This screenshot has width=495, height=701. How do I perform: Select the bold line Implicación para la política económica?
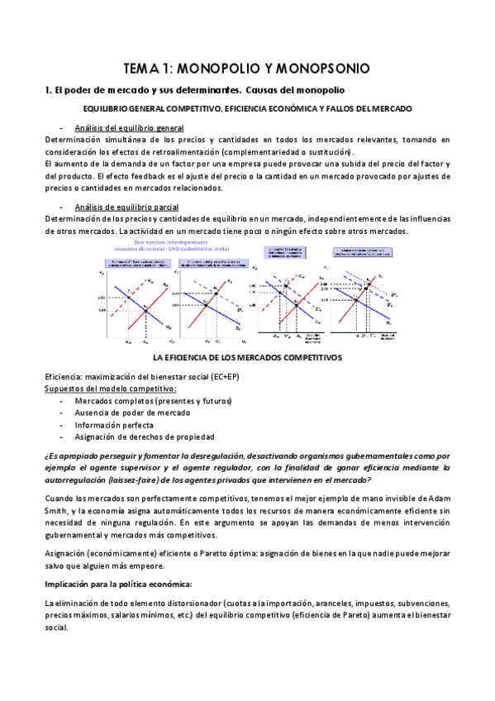(x=118, y=584)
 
